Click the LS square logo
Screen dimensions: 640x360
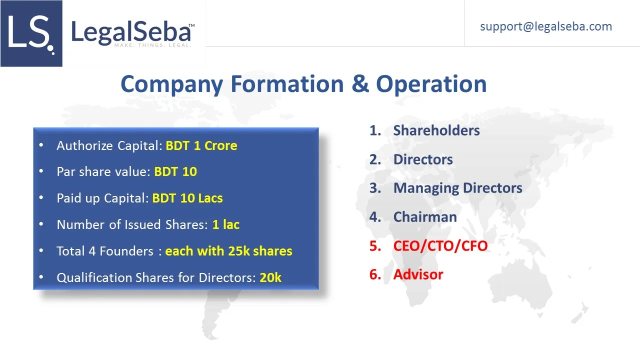[x=31, y=33]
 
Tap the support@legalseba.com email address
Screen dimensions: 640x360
[x=546, y=26]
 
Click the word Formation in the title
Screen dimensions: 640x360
[x=287, y=84]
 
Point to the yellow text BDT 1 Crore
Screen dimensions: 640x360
[x=201, y=145]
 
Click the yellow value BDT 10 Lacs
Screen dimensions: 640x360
[x=187, y=198]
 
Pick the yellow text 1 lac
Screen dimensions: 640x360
[x=225, y=224]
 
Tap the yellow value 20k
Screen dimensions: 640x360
[x=270, y=277]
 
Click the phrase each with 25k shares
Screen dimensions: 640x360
[x=229, y=251]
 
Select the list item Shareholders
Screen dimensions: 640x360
[x=436, y=130]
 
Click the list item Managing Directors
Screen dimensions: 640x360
[x=457, y=188]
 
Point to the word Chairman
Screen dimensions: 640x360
[x=425, y=217]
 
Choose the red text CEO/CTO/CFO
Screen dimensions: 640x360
[x=440, y=246]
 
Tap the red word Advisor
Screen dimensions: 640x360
[x=418, y=274]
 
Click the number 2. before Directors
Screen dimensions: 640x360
[x=375, y=159]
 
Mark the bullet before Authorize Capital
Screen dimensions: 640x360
[x=41, y=145]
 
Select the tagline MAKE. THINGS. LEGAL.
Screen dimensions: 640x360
[x=153, y=45]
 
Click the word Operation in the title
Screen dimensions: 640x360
[x=431, y=84]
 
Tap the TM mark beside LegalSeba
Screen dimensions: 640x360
[x=191, y=25]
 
